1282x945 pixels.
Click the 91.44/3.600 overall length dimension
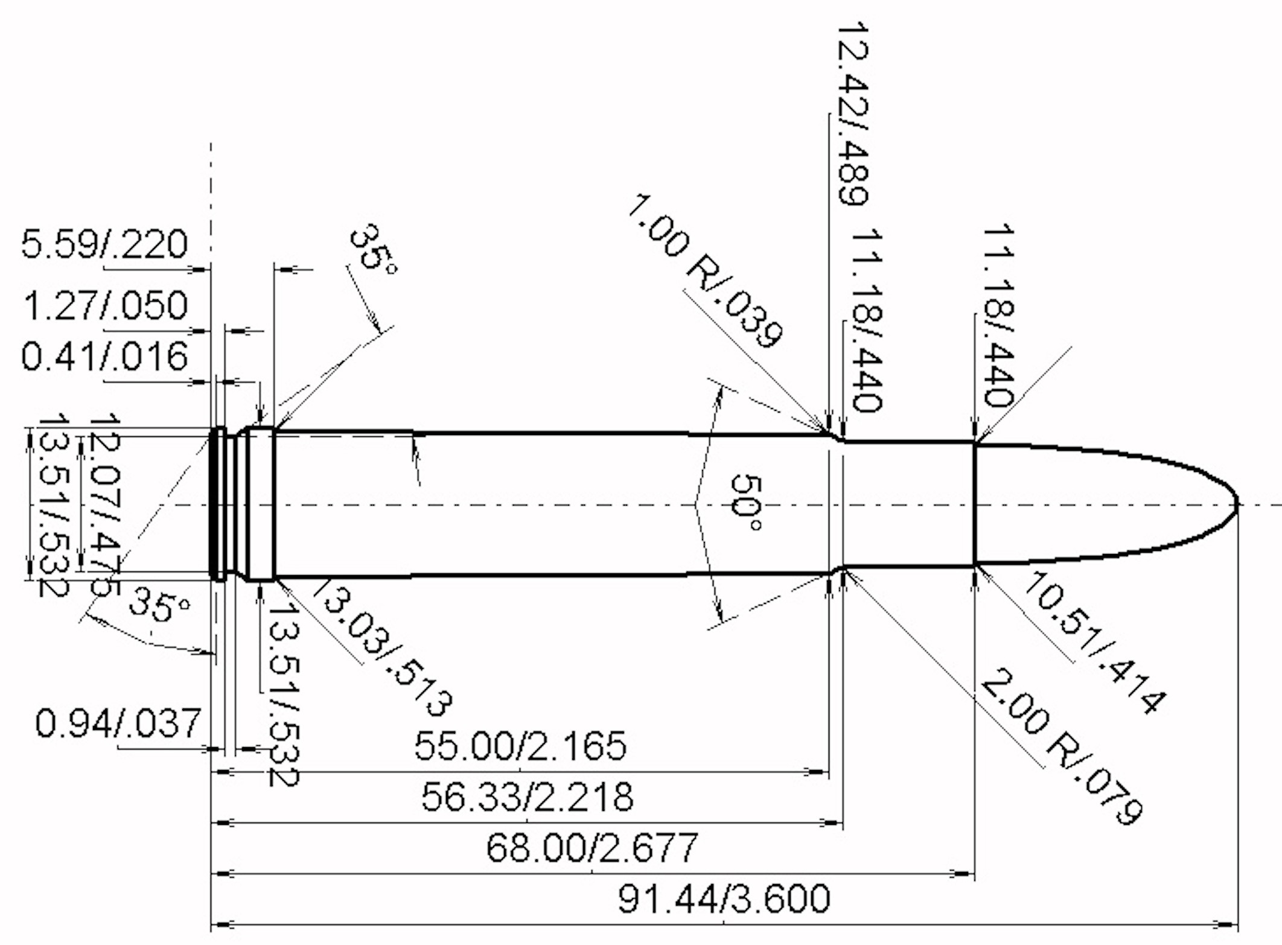pos(724,899)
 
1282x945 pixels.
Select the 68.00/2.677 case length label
pos(592,847)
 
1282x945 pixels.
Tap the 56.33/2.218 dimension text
pos(527,797)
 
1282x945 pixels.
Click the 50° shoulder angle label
pos(747,502)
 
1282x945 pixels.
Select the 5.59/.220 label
pos(104,244)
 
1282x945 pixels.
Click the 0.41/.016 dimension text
pos(104,356)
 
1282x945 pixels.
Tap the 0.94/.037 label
pos(118,723)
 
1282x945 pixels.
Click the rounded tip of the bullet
pos(1234,504)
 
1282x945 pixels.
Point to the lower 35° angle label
pos(159,605)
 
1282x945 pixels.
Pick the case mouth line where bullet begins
pos(974,504)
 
